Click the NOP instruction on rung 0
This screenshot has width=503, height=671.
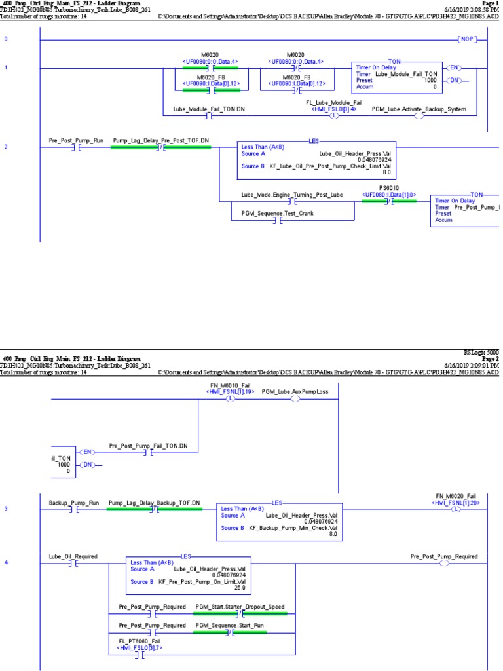(x=467, y=40)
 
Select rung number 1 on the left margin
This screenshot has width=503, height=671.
(x=7, y=67)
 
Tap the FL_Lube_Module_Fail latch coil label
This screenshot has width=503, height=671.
(x=334, y=103)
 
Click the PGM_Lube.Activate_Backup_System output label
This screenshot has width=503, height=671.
(x=419, y=109)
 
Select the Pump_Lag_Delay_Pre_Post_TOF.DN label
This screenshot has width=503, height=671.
(x=161, y=140)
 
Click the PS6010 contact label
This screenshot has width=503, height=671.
(x=388, y=188)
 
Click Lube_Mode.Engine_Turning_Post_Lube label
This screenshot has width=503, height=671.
(x=292, y=195)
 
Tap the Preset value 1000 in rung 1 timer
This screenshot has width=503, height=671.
(x=430, y=80)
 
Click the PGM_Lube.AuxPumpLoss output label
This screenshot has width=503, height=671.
(x=295, y=391)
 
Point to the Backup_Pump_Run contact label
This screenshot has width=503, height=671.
(x=74, y=503)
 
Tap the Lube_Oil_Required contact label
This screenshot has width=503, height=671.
(x=73, y=556)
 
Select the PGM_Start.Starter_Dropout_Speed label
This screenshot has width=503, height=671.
(x=240, y=607)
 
